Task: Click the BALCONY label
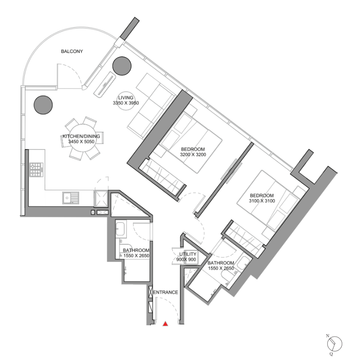(72, 51)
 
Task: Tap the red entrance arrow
(165, 324)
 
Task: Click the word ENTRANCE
(166, 292)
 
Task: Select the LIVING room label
(126, 97)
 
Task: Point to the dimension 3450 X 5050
(81, 142)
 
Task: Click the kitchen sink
(71, 198)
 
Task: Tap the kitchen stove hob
(36, 170)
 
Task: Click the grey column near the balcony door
(43, 105)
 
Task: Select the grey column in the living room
(122, 66)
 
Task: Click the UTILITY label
(188, 254)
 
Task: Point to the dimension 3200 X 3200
(193, 155)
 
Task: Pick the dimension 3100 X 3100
(262, 201)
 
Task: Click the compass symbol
(335, 344)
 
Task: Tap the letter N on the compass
(328, 336)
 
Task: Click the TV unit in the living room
(104, 84)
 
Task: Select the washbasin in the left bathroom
(120, 229)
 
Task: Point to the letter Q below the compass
(331, 353)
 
